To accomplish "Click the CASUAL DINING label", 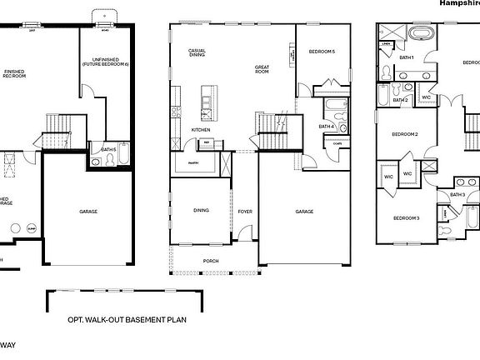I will point(197,53).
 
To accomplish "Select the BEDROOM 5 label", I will point(322,52).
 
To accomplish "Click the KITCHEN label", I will point(201,130).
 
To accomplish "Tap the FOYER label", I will point(245,211).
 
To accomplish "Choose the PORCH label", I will point(212,260).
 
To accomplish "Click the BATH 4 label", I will point(326,126).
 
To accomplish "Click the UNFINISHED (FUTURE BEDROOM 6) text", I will point(104,61).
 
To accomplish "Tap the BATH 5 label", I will point(107,149).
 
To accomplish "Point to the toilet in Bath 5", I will point(97,162).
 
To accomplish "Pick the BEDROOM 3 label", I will point(406,217).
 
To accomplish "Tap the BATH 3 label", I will point(457,194).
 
